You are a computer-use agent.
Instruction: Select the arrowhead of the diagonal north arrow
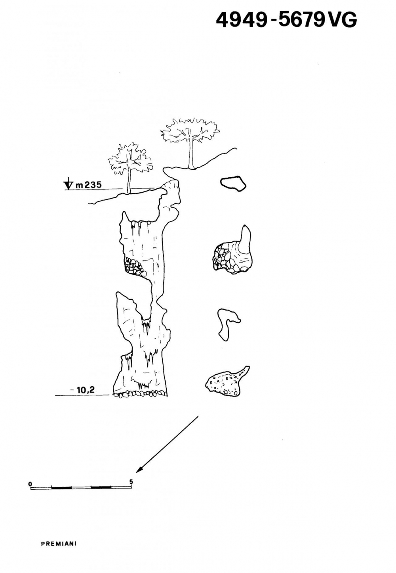click(x=139, y=470)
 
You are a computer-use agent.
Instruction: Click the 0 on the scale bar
click(x=30, y=484)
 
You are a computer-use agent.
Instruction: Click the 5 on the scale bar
click(x=131, y=482)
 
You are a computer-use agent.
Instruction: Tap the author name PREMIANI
click(x=59, y=544)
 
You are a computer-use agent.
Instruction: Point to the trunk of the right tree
click(x=192, y=155)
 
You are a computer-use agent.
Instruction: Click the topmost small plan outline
click(x=233, y=183)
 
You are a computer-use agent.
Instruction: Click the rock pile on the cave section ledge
click(x=135, y=266)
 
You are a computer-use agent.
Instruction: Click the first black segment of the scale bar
click(x=61, y=487)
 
